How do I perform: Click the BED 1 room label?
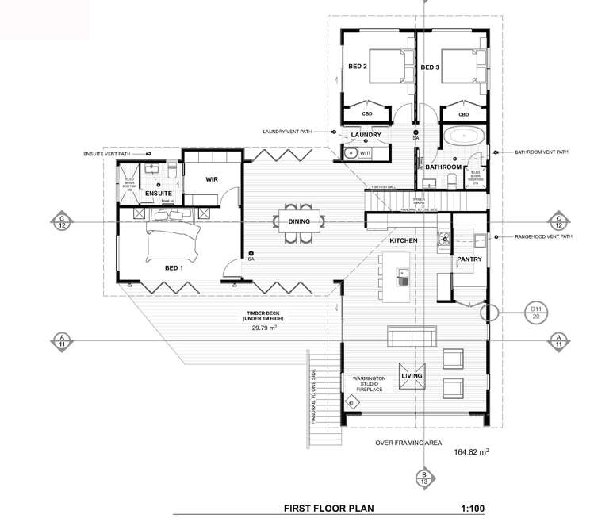click(x=174, y=268)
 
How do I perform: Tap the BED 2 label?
click(x=358, y=67)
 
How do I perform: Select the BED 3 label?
click(x=430, y=67)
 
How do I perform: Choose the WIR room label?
click(x=212, y=180)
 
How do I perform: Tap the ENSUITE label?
click(x=158, y=194)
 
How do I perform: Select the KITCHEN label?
click(x=403, y=239)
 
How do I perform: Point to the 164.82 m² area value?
click(x=471, y=453)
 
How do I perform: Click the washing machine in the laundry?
click(x=366, y=152)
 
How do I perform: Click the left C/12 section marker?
click(x=61, y=221)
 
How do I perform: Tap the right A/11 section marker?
click(x=559, y=340)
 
